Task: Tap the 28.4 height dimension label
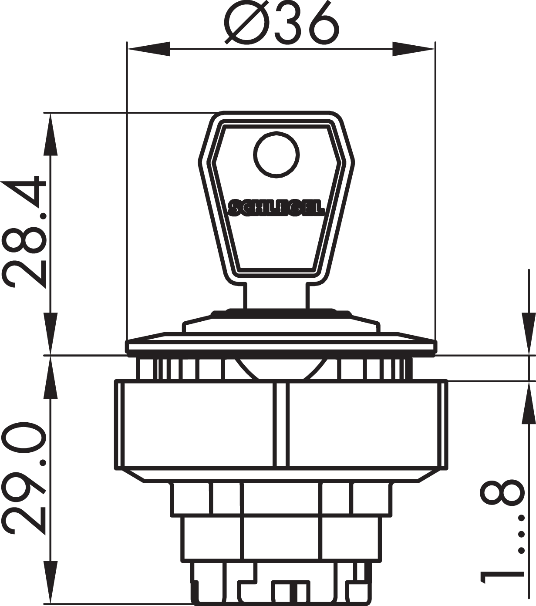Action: point(24,232)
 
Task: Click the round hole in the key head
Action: point(276,155)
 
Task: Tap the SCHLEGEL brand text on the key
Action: point(276,207)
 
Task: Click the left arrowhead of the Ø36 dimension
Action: point(148,49)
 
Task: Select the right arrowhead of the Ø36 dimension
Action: point(414,49)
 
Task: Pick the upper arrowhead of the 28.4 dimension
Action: point(50,134)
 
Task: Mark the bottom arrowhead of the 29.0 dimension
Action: point(50,582)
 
